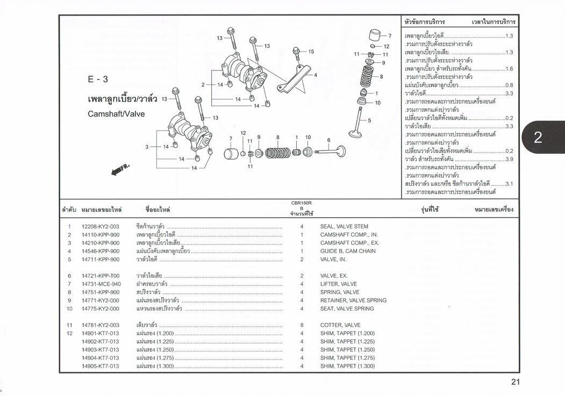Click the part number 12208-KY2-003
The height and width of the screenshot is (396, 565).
100,227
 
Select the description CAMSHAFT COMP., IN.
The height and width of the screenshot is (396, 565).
349,235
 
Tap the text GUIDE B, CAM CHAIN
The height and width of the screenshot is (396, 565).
348,251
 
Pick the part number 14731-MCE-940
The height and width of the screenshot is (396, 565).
101,284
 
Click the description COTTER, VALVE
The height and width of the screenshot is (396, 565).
340,325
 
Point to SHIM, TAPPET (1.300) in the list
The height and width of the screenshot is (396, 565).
347,366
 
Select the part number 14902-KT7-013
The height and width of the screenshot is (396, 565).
100,342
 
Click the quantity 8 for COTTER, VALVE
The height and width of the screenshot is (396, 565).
302,325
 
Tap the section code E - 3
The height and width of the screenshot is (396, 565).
98,80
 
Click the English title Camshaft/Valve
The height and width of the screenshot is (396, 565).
116,114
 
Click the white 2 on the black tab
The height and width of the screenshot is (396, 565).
538,138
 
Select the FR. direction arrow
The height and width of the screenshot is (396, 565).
120,170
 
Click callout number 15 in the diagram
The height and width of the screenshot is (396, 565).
311,52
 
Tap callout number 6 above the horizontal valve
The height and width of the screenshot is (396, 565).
328,140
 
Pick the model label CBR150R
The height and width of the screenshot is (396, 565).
302,203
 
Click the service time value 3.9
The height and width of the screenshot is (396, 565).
509,160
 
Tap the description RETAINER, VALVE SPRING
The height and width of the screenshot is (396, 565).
353,300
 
